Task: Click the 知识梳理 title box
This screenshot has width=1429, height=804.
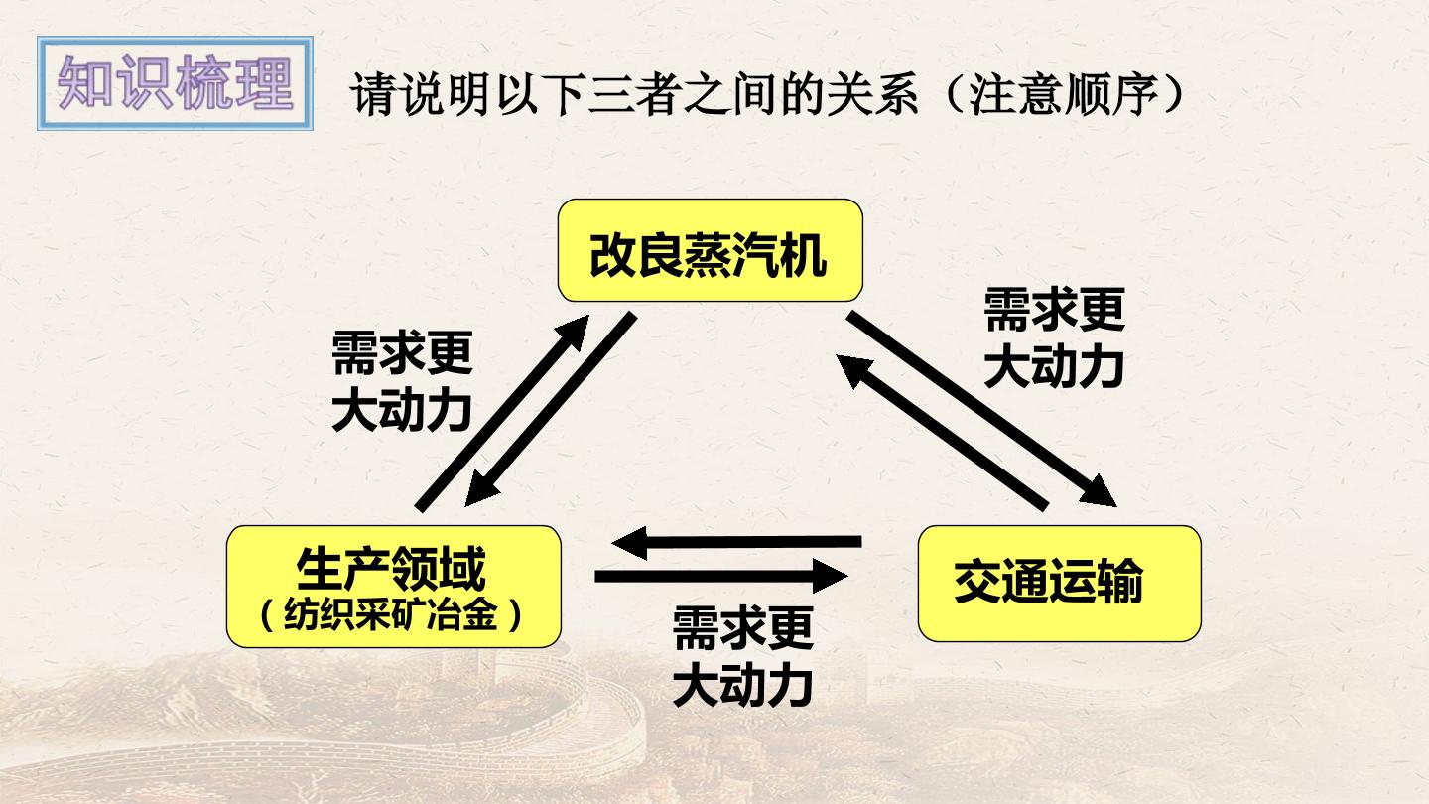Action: click(175, 83)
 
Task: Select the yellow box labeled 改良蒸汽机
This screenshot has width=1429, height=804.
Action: click(711, 250)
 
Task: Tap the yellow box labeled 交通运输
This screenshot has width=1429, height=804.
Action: click(1059, 584)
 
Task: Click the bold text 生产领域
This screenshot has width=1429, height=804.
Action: click(391, 568)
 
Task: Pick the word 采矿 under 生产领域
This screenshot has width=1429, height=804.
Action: click(391, 615)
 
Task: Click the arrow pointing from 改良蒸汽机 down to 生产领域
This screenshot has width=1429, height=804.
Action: click(551, 409)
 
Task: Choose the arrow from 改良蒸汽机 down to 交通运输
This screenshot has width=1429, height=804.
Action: click(981, 409)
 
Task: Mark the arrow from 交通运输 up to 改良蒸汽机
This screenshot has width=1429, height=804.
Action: click(942, 433)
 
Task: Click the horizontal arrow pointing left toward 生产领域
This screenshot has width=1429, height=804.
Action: click(736, 542)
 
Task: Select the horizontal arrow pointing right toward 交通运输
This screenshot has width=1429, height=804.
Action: click(721, 576)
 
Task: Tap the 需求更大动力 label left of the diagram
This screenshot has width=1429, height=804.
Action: click(402, 381)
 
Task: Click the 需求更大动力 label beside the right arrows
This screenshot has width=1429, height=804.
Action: click(1054, 337)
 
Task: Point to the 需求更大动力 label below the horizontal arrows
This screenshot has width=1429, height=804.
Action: click(742, 657)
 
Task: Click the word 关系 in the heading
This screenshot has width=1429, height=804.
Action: click(872, 94)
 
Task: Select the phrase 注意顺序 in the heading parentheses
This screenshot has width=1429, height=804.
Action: click(1064, 94)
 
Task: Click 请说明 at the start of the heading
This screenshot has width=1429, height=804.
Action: click(420, 94)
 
